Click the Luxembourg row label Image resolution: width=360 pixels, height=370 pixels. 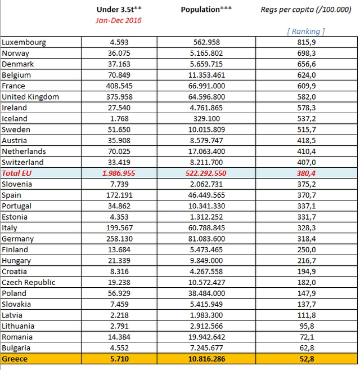pyautogui.click(x=24, y=42)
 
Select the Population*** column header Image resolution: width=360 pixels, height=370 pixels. pyautogui.click(x=206, y=10)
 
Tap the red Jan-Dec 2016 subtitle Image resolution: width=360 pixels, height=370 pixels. pyautogui.click(x=119, y=20)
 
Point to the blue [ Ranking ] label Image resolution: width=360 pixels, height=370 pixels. pyautogui.click(x=306, y=31)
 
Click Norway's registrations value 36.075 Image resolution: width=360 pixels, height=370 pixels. pyautogui.click(x=119, y=53)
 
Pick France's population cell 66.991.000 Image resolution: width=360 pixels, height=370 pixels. pyautogui.click(x=206, y=86)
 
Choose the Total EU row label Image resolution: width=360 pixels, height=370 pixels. pyautogui.click(x=16, y=173)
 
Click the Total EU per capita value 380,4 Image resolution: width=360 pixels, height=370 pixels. pyautogui.click(x=306, y=173)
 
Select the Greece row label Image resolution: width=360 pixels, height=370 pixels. pyautogui.click(x=15, y=359)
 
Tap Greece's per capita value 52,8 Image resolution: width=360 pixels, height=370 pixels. pyautogui.click(x=307, y=359)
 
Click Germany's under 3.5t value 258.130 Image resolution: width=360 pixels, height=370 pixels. pyautogui.click(x=119, y=239)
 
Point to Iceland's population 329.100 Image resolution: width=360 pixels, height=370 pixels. pyautogui.click(x=206, y=118)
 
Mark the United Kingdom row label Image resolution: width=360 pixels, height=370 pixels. pyautogui.click(x=30, y=97)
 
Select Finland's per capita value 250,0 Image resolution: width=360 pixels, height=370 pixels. pyautogui.click(x=307, y=249)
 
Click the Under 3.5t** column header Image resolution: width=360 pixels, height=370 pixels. pyautogui.click(x=119, y=10)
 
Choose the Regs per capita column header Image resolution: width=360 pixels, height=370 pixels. pyautogui.click(x=306, y=10)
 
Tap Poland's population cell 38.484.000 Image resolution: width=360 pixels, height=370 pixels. pyautogui.click(x=206, y=293)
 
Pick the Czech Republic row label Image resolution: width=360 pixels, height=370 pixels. pyautogui.click(x=29, y=283)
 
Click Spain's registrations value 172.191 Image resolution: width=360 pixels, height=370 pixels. pyautogui.click(x=119, y=195)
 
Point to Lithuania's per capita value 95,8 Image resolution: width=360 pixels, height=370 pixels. pyautogui.click(x=307, y=326)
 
